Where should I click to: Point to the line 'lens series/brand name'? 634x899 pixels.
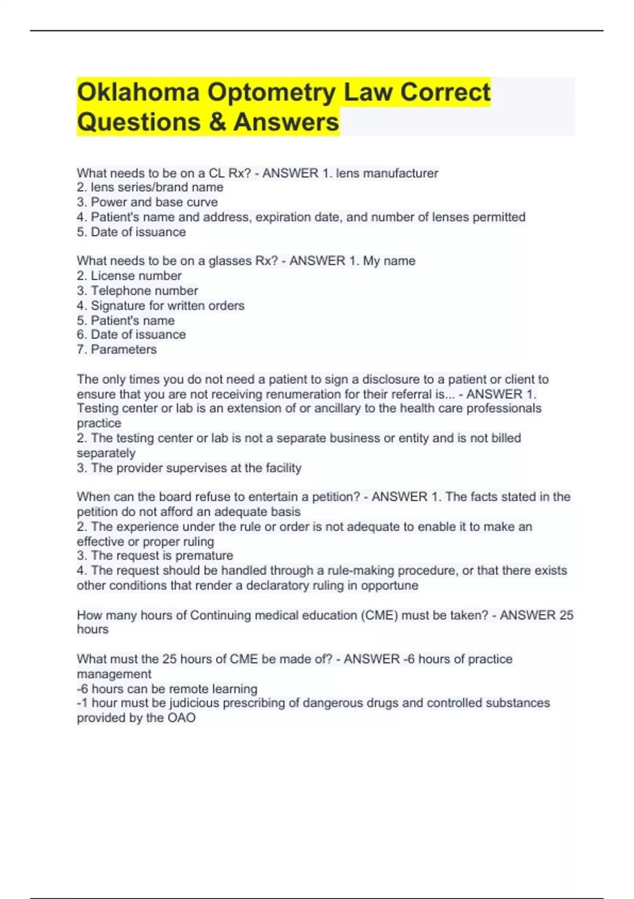pos(156,187)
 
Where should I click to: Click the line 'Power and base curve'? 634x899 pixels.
pos(154,202)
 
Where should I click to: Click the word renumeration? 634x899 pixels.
pos(303,394)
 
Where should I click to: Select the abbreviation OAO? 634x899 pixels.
pos(181,718)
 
